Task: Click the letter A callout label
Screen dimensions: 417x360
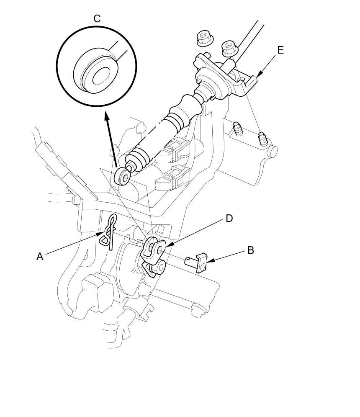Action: pos(40,256)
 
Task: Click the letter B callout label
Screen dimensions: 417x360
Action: pos(251,250)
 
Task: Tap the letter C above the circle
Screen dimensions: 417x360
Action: pos(97,19)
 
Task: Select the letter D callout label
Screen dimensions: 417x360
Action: pos(229,218)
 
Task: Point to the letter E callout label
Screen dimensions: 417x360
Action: pos(280,50)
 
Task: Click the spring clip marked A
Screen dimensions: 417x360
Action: pos(110,232)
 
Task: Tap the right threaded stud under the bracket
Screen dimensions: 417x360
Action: pos(263,138)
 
